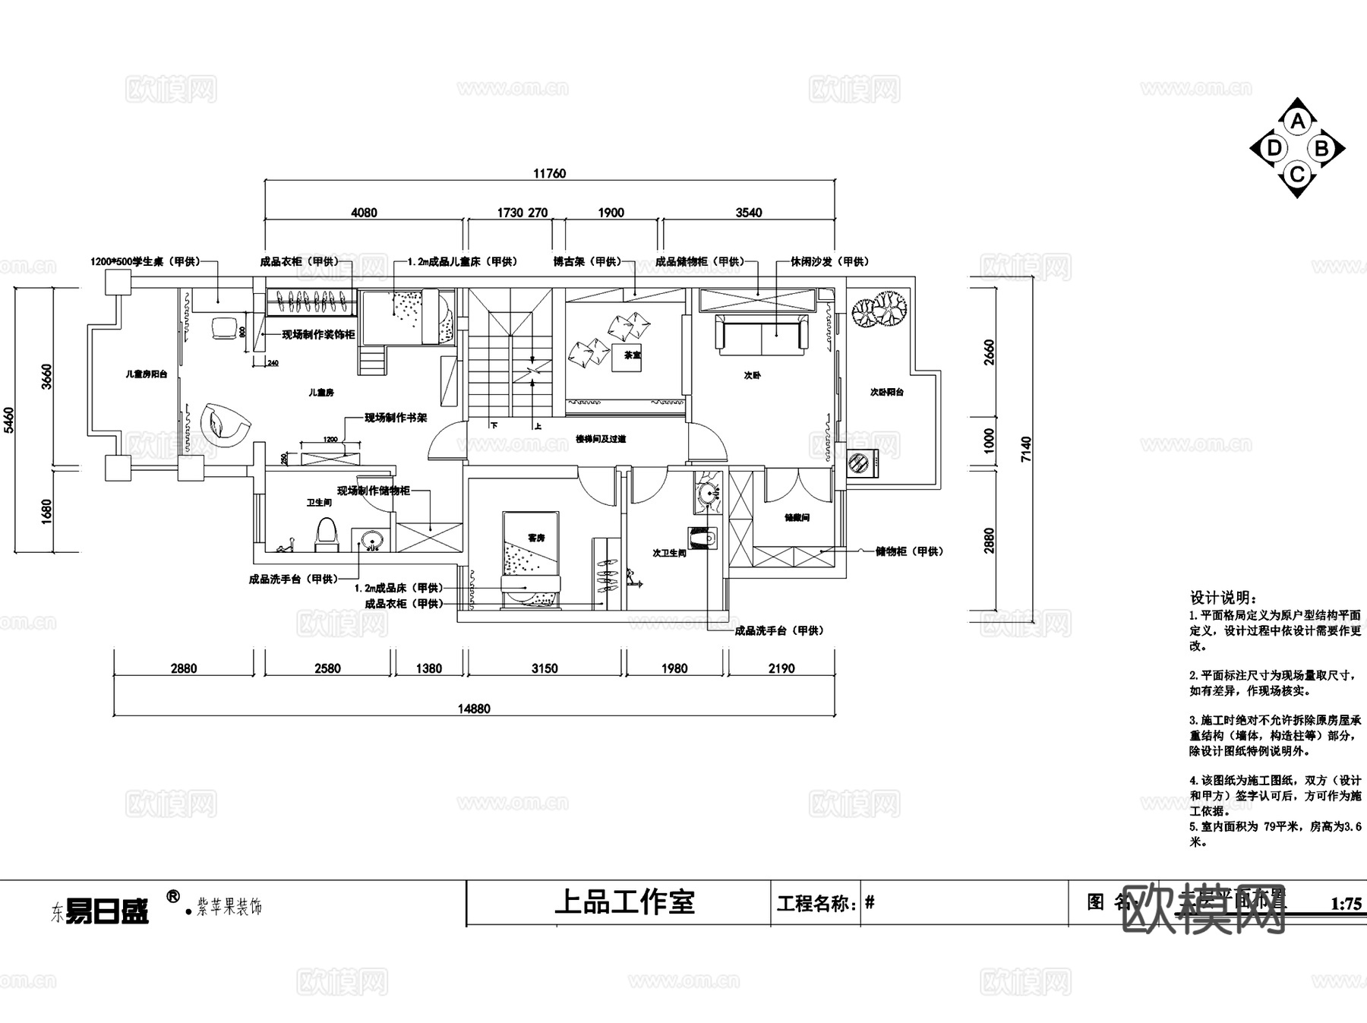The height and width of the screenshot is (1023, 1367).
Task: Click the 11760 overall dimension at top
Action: pos(549,173)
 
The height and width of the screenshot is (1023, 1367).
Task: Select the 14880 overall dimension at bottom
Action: pos(474,709)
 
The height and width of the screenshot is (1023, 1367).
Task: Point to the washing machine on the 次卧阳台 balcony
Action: pos(862,463)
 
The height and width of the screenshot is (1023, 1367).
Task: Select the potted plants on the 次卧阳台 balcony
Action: pos(879,309)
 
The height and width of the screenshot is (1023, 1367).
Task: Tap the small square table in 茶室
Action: pos(627,355)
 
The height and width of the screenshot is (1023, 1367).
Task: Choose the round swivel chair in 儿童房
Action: pos(224,423)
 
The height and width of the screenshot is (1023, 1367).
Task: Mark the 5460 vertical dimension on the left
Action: pos(9,419)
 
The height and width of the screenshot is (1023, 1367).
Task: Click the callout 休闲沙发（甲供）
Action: pos(829,262)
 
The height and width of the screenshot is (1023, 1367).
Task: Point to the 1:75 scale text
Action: pos(1346,904)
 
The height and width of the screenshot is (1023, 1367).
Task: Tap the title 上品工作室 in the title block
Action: pos(624,902)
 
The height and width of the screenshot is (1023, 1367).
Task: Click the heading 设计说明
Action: pos(1223,598)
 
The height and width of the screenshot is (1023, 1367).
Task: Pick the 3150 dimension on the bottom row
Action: pos(545,668)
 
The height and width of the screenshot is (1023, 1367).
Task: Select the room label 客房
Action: pos(536,538)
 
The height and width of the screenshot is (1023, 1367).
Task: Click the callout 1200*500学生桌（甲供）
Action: pos(145,262)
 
